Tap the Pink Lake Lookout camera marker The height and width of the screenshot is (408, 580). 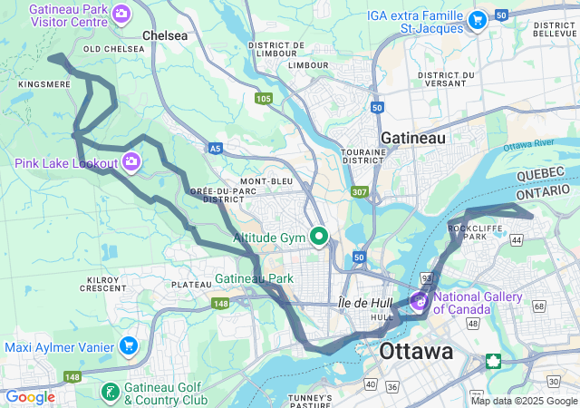point(132,162)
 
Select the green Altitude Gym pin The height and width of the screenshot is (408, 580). point(319,238)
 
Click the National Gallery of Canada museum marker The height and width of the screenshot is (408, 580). point(421,300)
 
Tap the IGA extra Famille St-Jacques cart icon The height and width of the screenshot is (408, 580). point(477,18)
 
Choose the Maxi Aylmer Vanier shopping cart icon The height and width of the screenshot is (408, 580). point(128,346)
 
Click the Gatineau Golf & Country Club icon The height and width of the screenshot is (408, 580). point(110,393)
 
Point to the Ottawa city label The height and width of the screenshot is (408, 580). point(416,351)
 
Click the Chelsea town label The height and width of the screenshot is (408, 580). point(165,35)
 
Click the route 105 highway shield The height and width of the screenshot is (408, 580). point(264,98)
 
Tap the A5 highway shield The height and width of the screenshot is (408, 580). point(215,148)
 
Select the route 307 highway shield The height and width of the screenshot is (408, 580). point(360,191)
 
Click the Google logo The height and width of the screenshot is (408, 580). point(30,397)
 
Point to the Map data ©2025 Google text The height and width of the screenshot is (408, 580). point(523,401)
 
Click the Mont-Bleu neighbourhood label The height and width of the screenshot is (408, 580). point(266,181)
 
